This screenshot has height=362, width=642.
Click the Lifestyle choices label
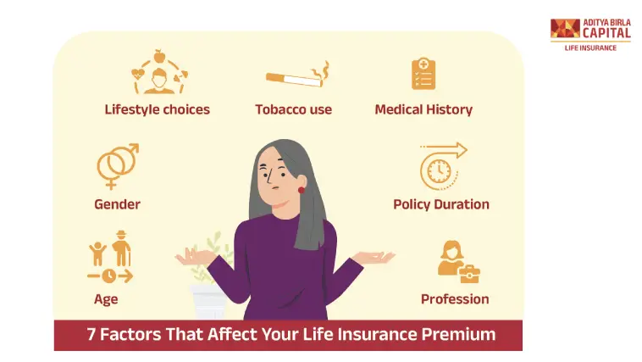click(157, 109)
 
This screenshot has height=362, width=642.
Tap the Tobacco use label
click(293, 109)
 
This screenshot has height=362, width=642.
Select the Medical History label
click(423, 109)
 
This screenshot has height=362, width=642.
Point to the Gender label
click(117, 204)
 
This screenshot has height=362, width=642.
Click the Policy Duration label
click(440, 204)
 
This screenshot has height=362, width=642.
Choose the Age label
click(106, 299)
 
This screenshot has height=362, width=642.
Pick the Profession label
click(455, 299)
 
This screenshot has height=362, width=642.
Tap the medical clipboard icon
click(423, 74)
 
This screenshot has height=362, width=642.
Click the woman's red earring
click(301, 190)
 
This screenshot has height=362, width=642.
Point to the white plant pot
click(208, 301)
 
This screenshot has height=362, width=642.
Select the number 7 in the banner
click(91, 334)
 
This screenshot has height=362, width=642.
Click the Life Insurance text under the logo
click(590, 47)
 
